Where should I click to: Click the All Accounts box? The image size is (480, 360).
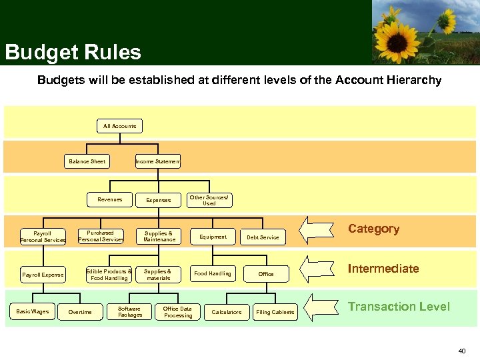119,126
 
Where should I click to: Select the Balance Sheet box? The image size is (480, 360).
87,161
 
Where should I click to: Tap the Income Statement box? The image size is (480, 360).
158,161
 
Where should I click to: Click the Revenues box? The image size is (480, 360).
110,199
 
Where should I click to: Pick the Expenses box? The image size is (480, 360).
158,199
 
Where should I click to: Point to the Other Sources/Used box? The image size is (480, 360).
209,199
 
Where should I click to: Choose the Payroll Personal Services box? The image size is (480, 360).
43,237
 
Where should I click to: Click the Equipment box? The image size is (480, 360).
213,237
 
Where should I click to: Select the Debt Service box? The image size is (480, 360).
263,237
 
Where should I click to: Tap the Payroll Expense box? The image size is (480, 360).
43,274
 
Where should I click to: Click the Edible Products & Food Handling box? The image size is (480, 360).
109,274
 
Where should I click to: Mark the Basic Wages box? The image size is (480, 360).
33,311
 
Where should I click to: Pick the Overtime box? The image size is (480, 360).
80,312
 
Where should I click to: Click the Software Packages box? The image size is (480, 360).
129,311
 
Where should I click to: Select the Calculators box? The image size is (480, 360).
227,312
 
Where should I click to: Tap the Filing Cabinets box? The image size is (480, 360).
275,312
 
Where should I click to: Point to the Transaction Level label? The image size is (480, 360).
399,307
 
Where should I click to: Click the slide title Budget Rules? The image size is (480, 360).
73,52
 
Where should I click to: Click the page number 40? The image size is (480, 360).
461,351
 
